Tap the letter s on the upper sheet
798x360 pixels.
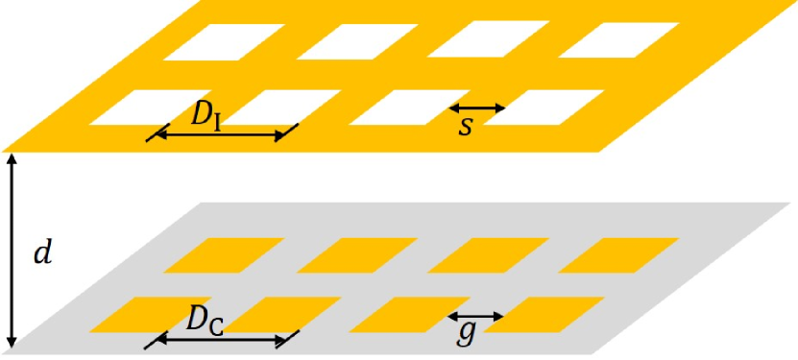(x=466, y=126)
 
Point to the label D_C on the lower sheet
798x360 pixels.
(x=204, y=322)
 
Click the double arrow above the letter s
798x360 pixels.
(x=477, y=108)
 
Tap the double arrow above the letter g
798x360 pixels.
(x=477, y=316)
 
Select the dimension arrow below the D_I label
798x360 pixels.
(x=220, y=136)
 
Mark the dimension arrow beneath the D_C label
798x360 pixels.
(x=220, y=340)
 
